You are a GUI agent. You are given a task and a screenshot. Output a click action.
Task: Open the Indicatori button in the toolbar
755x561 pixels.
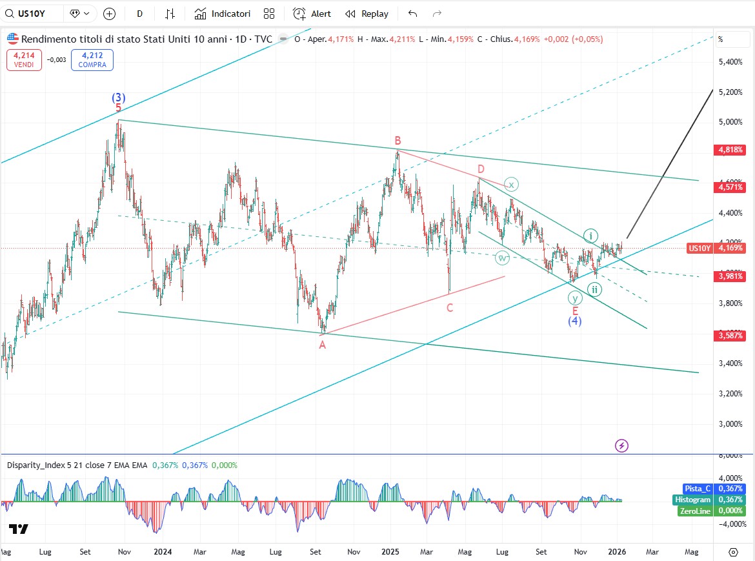click(223, 14)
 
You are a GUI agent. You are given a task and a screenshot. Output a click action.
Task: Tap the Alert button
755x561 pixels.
click(312, 14)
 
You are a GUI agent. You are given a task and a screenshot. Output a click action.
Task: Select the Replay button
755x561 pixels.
click(367, 14)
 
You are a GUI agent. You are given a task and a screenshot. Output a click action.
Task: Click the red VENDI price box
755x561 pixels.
click(24, 60)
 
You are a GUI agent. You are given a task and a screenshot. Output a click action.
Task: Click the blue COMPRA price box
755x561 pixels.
click(92, 60)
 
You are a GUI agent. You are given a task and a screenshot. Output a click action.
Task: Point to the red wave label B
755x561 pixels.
click(399, 140)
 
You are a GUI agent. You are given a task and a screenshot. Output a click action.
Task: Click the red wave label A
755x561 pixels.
click(322, 345)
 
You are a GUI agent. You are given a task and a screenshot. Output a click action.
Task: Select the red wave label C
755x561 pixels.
click(450, 308)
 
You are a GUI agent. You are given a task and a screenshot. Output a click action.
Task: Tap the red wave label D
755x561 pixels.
click(481, 169)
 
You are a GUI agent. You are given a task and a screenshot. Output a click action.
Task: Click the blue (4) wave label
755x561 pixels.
click(575, 321)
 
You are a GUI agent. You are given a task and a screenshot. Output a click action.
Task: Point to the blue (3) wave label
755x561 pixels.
click(118, 97)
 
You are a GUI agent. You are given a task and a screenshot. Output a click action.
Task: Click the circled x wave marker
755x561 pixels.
click(511, 185)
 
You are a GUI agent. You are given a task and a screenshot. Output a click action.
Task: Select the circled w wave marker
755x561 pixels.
click(502, 258)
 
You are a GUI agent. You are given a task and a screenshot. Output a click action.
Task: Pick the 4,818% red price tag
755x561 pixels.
click(730, 150)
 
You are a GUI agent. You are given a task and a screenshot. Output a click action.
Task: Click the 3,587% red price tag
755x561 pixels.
click(730, 336)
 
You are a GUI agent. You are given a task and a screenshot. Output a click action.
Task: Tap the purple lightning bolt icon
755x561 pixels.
click(621, 445)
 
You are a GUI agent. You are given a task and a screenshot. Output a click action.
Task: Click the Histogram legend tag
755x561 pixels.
click(693, 500)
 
